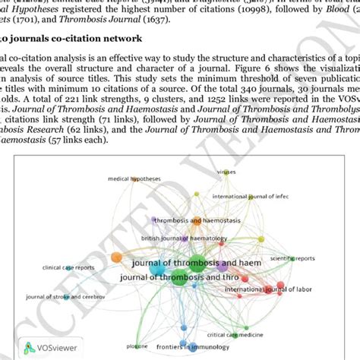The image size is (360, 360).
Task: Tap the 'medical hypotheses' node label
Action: [134, 179]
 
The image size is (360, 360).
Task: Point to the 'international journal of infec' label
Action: [251, 196]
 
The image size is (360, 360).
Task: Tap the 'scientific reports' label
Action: [295, 258]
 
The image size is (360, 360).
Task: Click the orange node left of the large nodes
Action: [115, 258]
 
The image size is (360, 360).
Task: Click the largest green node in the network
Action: [196, 265]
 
